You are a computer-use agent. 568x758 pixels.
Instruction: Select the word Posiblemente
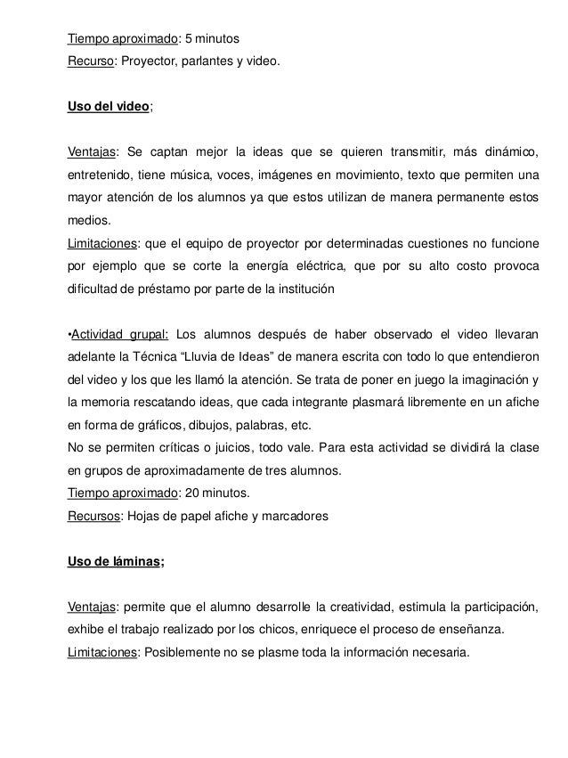[x=184, y=651]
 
